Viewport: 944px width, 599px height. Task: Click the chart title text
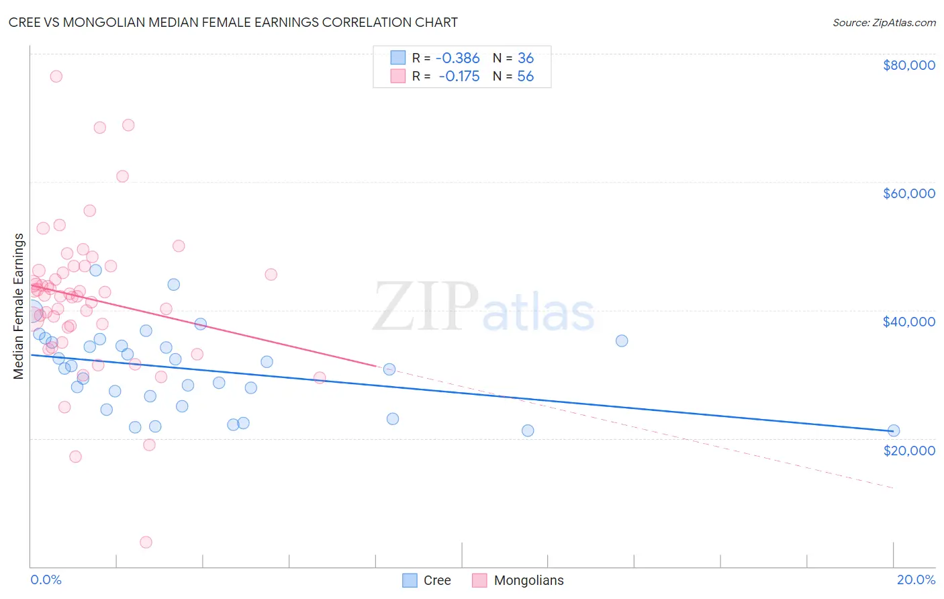[x=233, y=22]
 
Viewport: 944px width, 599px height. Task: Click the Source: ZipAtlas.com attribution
[x=884, y=22]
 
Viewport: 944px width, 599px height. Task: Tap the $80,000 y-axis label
[x=908, y=65]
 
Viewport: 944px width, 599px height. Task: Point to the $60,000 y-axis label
[x=908, y=193]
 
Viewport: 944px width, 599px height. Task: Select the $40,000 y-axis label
[x=908, y=322]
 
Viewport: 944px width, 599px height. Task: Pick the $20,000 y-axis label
[x=908, y=450]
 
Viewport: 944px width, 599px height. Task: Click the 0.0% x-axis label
[x=46, y=580]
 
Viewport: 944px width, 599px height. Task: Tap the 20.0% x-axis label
[x=916, y=580]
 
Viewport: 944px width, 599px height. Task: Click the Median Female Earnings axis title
[x=19, y=306]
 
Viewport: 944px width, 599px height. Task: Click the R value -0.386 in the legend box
[x=458, y=58]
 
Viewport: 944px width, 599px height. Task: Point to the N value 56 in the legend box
[x=525, y=77]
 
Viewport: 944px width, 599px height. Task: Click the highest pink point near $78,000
[x=56, y=77]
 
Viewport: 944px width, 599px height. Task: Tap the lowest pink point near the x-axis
[x=146, y=542]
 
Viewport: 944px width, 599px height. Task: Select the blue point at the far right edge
[x=894, y=430]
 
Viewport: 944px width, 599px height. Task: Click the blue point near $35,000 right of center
[x=622, y=340]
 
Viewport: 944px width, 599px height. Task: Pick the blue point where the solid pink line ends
[x=389, y=369]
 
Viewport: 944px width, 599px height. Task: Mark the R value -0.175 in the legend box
[x=459, y=77]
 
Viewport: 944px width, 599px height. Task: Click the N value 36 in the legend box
[x=525, y=58]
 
